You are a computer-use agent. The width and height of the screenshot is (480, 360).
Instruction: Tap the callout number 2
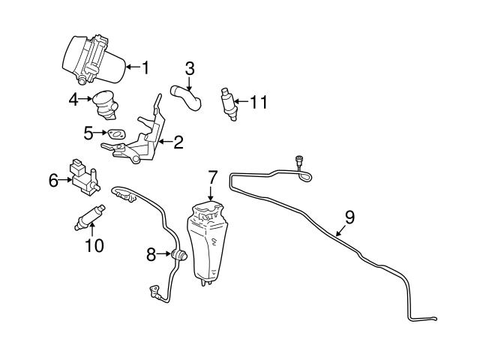(178, 141)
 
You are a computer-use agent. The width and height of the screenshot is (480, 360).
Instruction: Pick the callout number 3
(190, 69)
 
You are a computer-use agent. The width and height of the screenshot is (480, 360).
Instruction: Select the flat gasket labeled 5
(115, 134)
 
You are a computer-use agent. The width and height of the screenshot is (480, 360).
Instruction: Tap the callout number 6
(53, 180)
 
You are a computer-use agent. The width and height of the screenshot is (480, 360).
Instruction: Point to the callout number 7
(212, 178)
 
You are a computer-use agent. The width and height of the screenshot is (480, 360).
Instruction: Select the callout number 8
(151, 255)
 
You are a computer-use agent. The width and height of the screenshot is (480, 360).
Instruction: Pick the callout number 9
(349, 217)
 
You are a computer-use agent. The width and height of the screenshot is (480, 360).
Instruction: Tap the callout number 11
(258, 102)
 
